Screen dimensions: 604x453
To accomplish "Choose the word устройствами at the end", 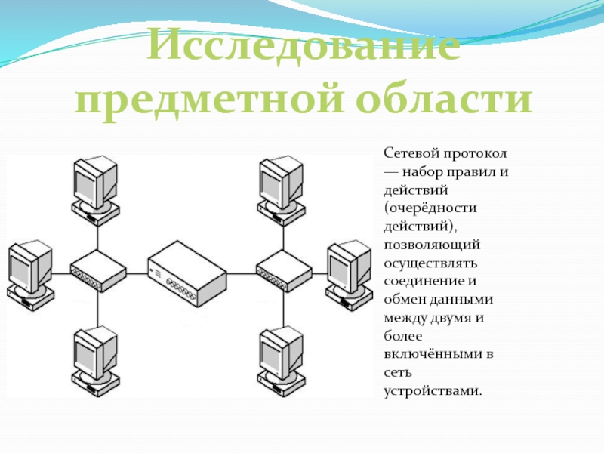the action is click(x=431, y=390).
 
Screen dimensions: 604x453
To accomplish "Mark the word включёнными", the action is click(x=428, y=353).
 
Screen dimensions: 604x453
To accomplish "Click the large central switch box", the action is click(x=187, y=273).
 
